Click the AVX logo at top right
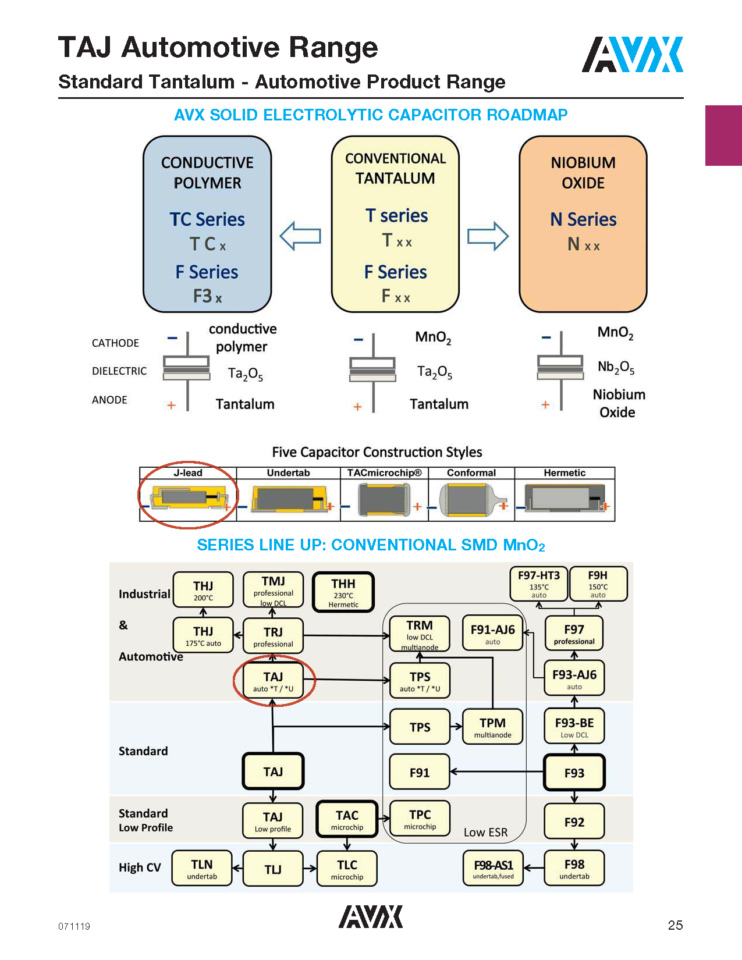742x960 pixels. (x=633, y=55)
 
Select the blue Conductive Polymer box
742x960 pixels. (x=207, y=224)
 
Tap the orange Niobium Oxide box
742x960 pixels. (x=583, y=224)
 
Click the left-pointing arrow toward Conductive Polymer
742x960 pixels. (x=300, y=236)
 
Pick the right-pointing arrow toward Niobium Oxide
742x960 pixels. (x=488, y=236)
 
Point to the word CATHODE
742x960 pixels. (x=115, y=343)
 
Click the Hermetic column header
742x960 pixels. (x=565, y=473)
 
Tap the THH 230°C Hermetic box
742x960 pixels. (x=343, y=592)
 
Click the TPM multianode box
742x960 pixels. (x=492, y=727)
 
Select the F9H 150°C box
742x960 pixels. (x=598, y=584)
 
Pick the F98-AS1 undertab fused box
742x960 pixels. (x=493, y=869)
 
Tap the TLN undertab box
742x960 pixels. (x=202, y=869)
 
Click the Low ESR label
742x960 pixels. (x=485, y=833)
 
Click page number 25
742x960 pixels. (x=675, y=925)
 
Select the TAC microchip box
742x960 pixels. (x=347, y=819)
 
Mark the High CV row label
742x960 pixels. (x=140, y=867)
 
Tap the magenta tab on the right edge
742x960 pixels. (x=723, y=136)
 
